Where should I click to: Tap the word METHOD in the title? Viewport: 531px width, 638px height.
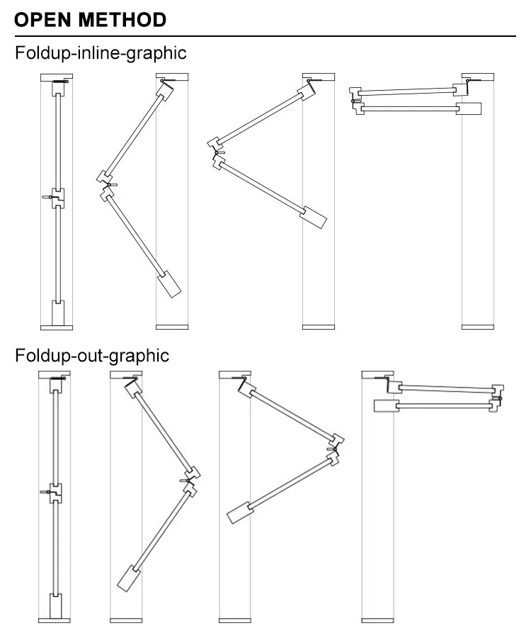tap(122, 19)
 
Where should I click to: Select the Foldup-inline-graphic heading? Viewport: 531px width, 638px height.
tap(101, 53)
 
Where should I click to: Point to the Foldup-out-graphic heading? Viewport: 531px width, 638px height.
tap(93, 354)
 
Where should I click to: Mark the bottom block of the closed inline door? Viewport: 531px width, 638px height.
tap(57, 312)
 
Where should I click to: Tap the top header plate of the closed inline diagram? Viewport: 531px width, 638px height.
tap(57, 77)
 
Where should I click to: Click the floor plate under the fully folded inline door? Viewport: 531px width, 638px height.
tap(477, 326)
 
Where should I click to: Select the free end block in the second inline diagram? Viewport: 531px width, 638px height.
tap(170, 284)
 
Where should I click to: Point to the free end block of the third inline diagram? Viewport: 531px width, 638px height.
tap(315, 217)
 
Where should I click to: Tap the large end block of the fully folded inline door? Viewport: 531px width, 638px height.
tap(469, 108)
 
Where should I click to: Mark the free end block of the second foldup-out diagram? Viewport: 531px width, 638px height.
tap(128, 578)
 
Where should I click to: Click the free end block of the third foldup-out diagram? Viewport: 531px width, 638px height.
tap(239, 513)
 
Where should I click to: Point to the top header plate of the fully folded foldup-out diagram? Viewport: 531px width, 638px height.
tap(378, 374)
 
